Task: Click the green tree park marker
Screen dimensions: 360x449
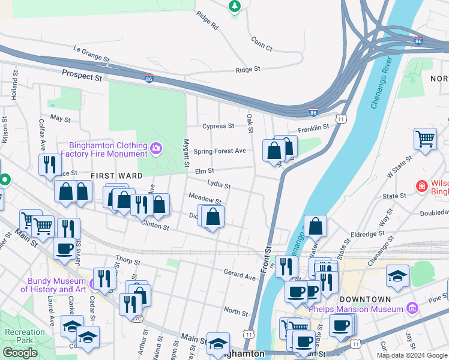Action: (x=235, y=6)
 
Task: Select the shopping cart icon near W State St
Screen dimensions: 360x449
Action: (x=425, y=139)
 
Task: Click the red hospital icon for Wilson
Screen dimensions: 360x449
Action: (x=422, y=186)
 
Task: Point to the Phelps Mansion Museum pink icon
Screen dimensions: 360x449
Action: (x=412, y=308)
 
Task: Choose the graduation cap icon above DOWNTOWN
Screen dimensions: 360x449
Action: (x=397, y=275)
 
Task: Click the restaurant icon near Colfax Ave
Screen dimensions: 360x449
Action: (x=50, y=164)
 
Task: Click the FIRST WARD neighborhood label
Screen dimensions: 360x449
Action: (x=116, y=176)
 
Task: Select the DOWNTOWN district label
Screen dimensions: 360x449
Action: (x=365, y=299)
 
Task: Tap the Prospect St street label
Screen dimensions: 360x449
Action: (x=82, y=77)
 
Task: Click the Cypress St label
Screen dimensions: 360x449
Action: (x=218, y=126)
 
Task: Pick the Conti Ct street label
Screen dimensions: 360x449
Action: (x=261, y=46)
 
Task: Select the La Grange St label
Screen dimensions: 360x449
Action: (x=91, y=54)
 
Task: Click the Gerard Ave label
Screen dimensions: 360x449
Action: (x=240, y=276)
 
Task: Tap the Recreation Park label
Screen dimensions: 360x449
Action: (x=25, y=336)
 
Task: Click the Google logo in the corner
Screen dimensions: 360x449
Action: (x=20, y=353)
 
